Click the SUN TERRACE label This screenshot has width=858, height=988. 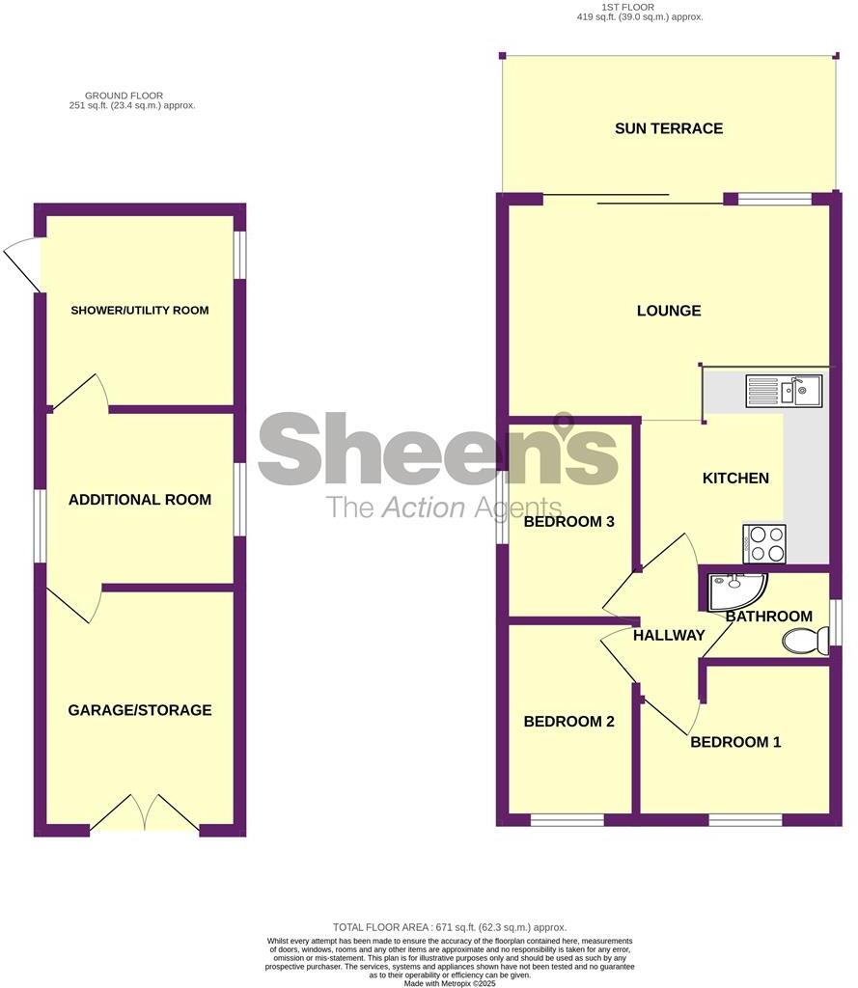pyautogui.click(x=668, y=128)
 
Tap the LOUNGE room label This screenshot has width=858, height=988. pyautogui.click(x=668, y=311)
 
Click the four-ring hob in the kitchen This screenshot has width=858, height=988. pyautogui.click(x=763, y=543)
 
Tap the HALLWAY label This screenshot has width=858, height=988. pyautogui.click(x=668, y=635)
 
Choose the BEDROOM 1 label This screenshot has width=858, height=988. pyautogui.click(x=734, y=742)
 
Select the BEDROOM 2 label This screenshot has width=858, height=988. pyautogui.click(x=568, y=722)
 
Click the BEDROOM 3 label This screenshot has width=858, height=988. pyautogui.click(x=568, y=522)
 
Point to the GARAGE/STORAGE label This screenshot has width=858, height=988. pyautogui.click(x=139, y=710)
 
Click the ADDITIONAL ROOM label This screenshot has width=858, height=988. pyautogui.click(x=139, y=500)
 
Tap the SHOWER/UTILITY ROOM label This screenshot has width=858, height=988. pyautogui.click(x=139, y=311)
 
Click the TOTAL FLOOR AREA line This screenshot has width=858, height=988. pyautogui.click(x=450, y=927)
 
